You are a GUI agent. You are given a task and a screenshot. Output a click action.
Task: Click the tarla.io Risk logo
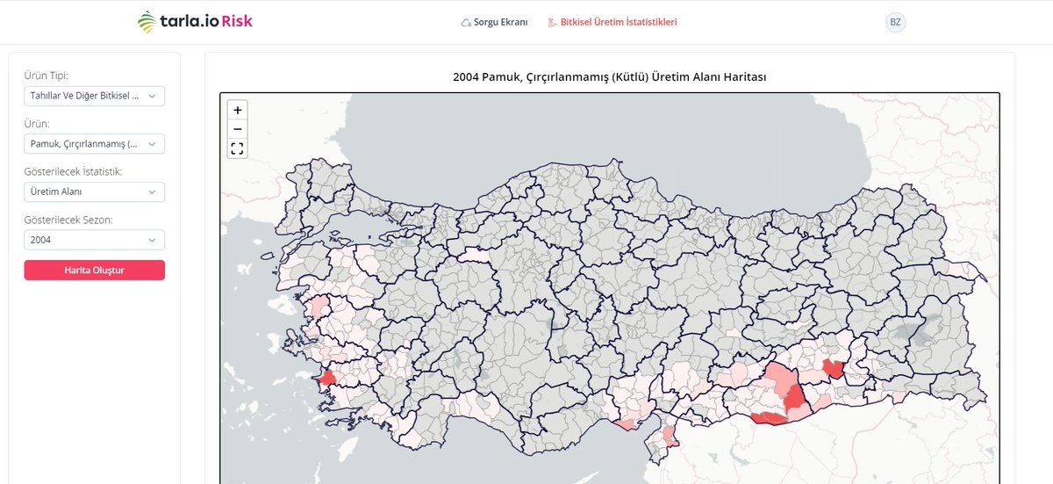[x=195, y=22]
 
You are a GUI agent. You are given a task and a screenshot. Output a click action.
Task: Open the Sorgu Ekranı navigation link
[x=500, y=22]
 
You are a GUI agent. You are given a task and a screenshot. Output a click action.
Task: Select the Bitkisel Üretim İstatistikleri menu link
[x=618, y=22]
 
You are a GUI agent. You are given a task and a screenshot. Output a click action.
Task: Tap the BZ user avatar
[x=895, y=22]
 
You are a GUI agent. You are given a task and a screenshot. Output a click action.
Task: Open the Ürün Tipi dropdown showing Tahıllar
[x=94, y=96]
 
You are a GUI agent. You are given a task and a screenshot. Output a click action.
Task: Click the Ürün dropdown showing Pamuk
[x=94, y=144]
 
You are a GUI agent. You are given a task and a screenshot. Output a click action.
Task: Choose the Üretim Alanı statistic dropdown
[x=94, y=192]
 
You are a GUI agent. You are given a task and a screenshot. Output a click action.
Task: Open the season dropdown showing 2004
[x=94, y=240]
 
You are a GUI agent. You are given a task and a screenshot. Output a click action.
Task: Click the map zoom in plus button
[x=237, y=110]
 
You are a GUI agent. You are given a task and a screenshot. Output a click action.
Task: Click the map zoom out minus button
[x=237, y=129]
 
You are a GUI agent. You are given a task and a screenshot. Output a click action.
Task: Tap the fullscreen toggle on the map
[x=237, y=148]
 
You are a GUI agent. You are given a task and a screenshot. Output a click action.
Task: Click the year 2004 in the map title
[x=465, y=77]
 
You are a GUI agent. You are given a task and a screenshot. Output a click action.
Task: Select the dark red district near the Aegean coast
[x=327, y=379]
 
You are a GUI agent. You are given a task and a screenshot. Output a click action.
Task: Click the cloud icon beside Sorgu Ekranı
[x=465, y=23]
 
